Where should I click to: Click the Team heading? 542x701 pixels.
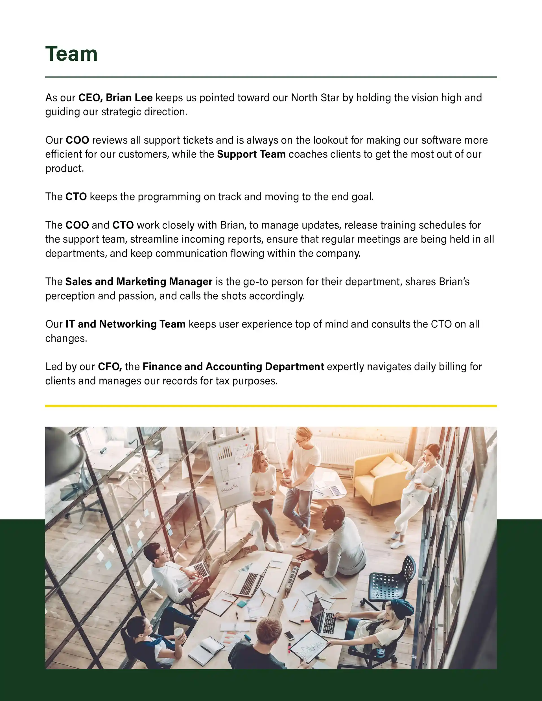[x=71, y=54]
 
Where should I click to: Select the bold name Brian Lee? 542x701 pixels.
[x=129, y=98]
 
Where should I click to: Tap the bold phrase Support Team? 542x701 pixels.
[x=251, y=154]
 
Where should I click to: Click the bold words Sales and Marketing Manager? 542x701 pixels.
[x=139, y=282]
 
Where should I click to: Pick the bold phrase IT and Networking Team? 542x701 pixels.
[x=126, y=324]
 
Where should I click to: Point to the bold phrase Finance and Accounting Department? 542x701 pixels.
[x=233, y=366]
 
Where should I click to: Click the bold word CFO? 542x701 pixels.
[x=110, y=366]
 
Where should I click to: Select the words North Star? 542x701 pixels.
[x=315, y=98]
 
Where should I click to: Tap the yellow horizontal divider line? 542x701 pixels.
[x=271, y=406]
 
